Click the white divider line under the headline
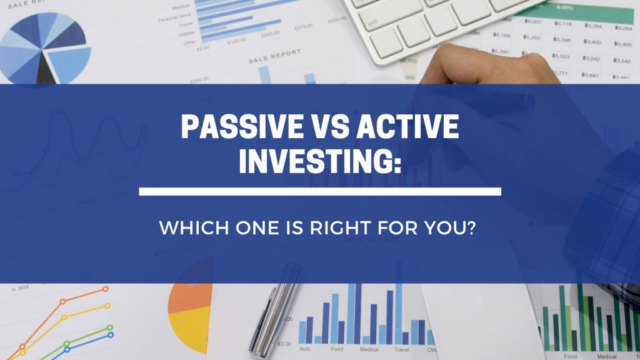(x=319, y=191)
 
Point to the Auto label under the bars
(x=305, y=349)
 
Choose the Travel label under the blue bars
(x=402, y=349)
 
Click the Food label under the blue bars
(x=337, y=349)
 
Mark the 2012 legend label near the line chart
(x=22, y=287)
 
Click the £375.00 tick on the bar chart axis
(x=304, y=27)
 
